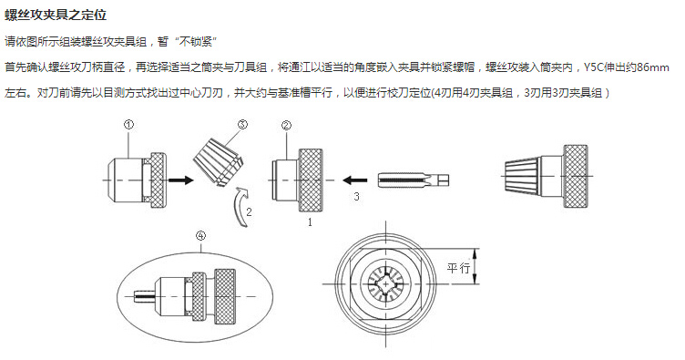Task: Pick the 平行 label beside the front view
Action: (x=458, y=270)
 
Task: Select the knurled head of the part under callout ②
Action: (x=316, y=176)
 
